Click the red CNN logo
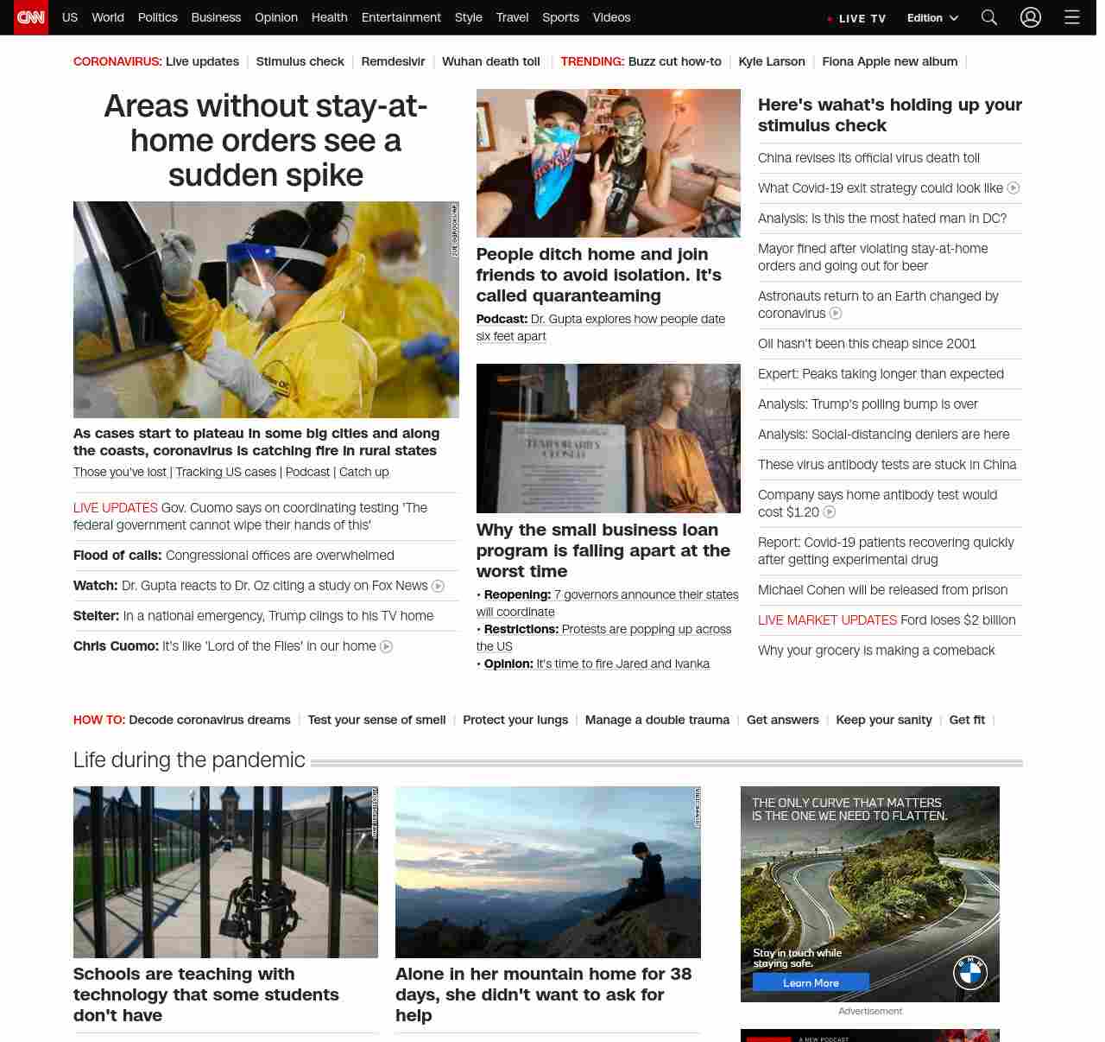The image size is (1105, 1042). (31, 17)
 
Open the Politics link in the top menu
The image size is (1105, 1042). (157, 17)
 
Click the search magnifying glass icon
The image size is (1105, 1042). (989, 17)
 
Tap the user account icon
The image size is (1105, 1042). (1031, 17)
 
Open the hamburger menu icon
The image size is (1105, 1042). (1072, 17)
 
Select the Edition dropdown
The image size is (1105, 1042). (932, 18)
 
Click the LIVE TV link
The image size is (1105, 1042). (857, 18)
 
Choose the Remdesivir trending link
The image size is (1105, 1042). (393, 61)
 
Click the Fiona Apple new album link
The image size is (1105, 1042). (889, 61)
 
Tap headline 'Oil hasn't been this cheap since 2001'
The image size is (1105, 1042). (867, 344)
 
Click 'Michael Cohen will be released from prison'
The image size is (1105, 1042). (882, 590)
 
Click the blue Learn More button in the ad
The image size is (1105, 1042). (811, 982)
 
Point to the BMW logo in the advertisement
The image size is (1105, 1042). (970, 973)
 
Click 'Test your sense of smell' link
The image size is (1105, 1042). (376, 720)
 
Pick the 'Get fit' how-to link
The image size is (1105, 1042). (967, 720)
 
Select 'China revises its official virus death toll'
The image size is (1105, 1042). (868, 158)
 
